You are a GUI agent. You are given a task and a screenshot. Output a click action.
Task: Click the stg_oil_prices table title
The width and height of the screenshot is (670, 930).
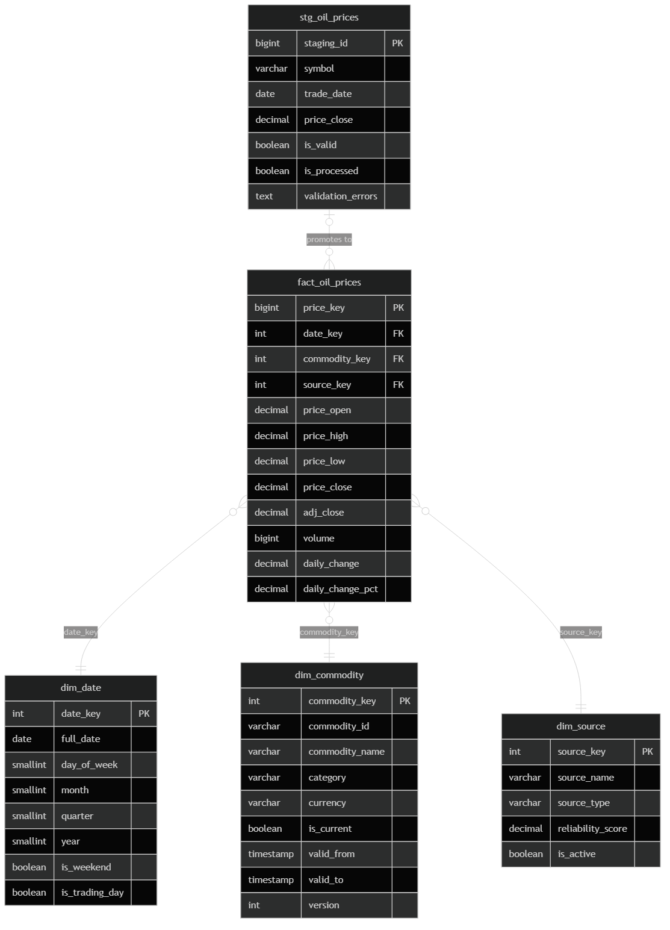pos(329,17)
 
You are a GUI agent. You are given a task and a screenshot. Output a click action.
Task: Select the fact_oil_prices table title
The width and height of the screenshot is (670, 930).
pos(329,282)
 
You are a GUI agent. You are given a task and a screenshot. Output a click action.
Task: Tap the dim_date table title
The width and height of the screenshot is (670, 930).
pos(81,688)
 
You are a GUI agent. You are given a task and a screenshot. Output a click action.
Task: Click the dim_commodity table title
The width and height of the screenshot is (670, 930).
pos(329,675)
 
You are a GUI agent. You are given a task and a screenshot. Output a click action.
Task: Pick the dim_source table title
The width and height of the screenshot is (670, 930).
pos(580,726)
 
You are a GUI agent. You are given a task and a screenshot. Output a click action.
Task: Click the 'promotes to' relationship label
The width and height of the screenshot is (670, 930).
pos(329,240)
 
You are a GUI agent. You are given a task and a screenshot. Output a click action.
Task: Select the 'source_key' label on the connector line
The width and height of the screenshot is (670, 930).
pos(580,632)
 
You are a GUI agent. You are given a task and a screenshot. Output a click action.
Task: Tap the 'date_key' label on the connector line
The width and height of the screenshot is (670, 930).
pos(81,632)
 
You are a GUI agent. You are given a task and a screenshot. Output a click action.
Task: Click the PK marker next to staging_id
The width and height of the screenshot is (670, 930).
pos(397,43)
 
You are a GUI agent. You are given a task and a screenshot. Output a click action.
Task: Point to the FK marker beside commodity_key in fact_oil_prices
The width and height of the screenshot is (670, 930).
pos(398,359)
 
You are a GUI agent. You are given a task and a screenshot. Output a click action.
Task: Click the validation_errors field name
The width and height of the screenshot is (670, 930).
pos(340,196)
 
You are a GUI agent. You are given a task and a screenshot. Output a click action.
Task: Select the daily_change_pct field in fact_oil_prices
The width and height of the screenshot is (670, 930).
pos(340,589)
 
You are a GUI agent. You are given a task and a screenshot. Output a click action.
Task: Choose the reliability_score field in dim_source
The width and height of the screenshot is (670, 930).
pos(592,829)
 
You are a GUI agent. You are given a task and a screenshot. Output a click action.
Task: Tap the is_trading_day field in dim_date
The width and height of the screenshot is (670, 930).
pos(92,893)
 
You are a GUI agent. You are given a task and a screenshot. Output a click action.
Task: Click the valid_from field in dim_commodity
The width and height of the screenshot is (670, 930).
pos(331,854)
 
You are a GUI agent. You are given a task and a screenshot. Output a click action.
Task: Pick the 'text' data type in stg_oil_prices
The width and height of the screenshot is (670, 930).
pos(264,196)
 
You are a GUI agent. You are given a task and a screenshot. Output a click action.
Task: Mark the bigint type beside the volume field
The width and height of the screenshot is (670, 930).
pos(267,538)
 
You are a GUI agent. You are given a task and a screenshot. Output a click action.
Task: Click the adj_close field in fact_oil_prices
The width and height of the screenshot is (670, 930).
pos(323,513)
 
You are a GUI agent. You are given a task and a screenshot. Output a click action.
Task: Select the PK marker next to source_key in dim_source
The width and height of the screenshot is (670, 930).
pos(647,752)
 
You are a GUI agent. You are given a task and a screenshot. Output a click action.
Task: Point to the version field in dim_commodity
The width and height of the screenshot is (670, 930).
pos(324,905)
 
